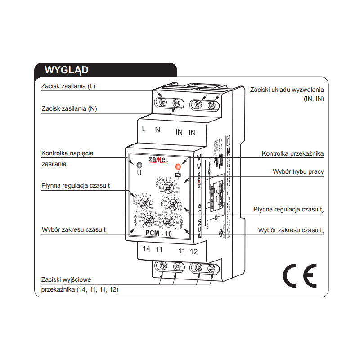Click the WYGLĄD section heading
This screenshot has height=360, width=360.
66,70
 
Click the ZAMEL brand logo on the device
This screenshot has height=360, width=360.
158,160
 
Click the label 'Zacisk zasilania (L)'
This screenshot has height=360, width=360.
68,86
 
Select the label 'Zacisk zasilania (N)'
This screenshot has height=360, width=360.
69,108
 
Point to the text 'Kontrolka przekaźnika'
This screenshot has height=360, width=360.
292,153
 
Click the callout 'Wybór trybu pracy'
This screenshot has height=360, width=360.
298,171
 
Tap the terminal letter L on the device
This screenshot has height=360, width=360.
144,130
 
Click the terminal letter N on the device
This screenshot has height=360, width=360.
157,130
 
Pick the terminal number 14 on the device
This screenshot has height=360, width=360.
146,249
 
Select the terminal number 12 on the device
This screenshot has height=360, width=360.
193,251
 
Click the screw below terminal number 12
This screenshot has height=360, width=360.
211,269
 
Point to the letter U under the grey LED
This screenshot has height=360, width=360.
139,172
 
